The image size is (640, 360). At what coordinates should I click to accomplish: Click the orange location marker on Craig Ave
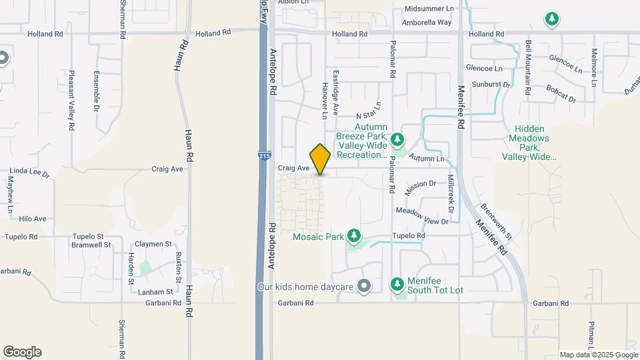[320, 159]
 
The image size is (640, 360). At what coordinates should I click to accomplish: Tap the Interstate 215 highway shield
[263, 155]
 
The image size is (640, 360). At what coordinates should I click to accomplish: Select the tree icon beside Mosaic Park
[353, 236]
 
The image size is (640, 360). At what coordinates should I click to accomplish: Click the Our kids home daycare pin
[363, 287]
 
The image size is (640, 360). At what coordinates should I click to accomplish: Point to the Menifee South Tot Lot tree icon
[397, 285]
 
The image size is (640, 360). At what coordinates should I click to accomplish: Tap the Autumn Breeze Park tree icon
[398, 139]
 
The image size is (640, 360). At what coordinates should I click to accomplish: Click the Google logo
[22, 352]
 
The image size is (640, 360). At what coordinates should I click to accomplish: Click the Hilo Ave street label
[33, 219]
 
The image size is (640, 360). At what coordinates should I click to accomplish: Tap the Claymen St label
[153, 244]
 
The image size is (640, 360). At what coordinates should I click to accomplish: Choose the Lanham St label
[155, 291]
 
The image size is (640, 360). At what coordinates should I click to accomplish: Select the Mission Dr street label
[420, 187]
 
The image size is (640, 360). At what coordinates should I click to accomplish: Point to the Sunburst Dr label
[491, 85]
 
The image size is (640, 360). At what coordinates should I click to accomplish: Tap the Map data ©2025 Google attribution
[598, 355]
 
